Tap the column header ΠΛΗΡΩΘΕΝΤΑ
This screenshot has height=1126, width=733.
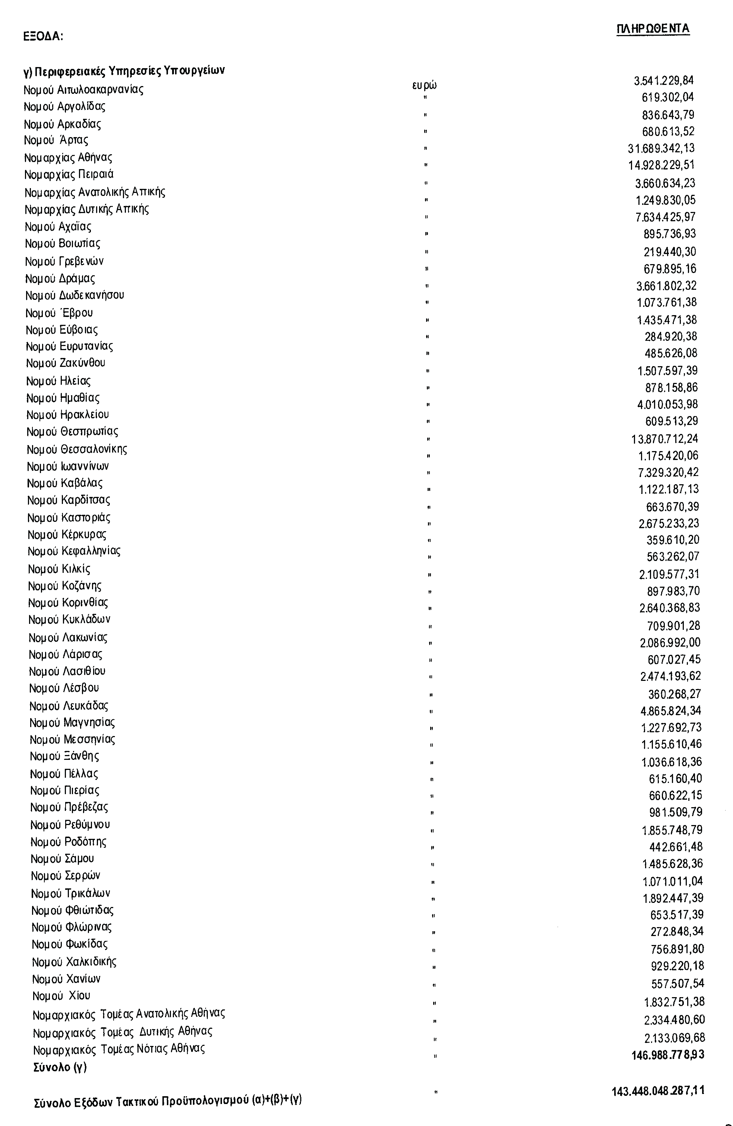click(x=653, y=29)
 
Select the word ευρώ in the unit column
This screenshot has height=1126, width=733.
click(x=424, y=85)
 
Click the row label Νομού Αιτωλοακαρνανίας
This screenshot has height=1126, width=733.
click(x=83, y=89)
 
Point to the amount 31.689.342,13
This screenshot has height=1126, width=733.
click(x=661, y=149)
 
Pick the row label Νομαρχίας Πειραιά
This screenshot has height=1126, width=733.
click(x=69, y=175)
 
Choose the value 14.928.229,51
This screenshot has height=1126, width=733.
click(x=661, y=165)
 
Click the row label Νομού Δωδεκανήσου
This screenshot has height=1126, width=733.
click(x=75, y=295)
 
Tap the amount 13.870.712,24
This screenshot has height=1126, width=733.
click(x=664, y=439)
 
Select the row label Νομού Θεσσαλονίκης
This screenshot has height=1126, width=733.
click(x=77, y=449)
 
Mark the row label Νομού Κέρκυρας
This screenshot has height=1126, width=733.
click(x=67, y=535)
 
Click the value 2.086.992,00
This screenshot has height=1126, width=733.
click(x=670, y=643)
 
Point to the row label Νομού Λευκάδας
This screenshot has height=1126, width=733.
click(x=69, y=706)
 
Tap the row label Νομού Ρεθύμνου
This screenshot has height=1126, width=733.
click(x=70, y=825)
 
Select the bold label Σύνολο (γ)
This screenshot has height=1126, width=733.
click(x=60, y=1067)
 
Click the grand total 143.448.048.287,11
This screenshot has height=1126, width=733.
click(x=658, y=1091)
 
